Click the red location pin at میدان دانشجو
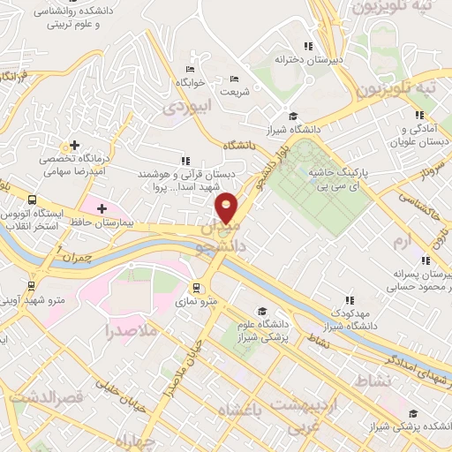click(228, 208)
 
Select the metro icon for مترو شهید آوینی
click(32, 286)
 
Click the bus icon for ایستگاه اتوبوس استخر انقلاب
click(32, 200)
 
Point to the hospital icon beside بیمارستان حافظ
click(102, 208)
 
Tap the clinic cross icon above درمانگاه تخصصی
click(74, 145)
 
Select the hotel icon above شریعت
click(234, 79)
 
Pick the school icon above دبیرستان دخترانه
click(307, 46)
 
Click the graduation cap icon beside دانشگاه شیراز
click(293, 116)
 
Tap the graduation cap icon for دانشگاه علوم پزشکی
click(261, 311)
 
